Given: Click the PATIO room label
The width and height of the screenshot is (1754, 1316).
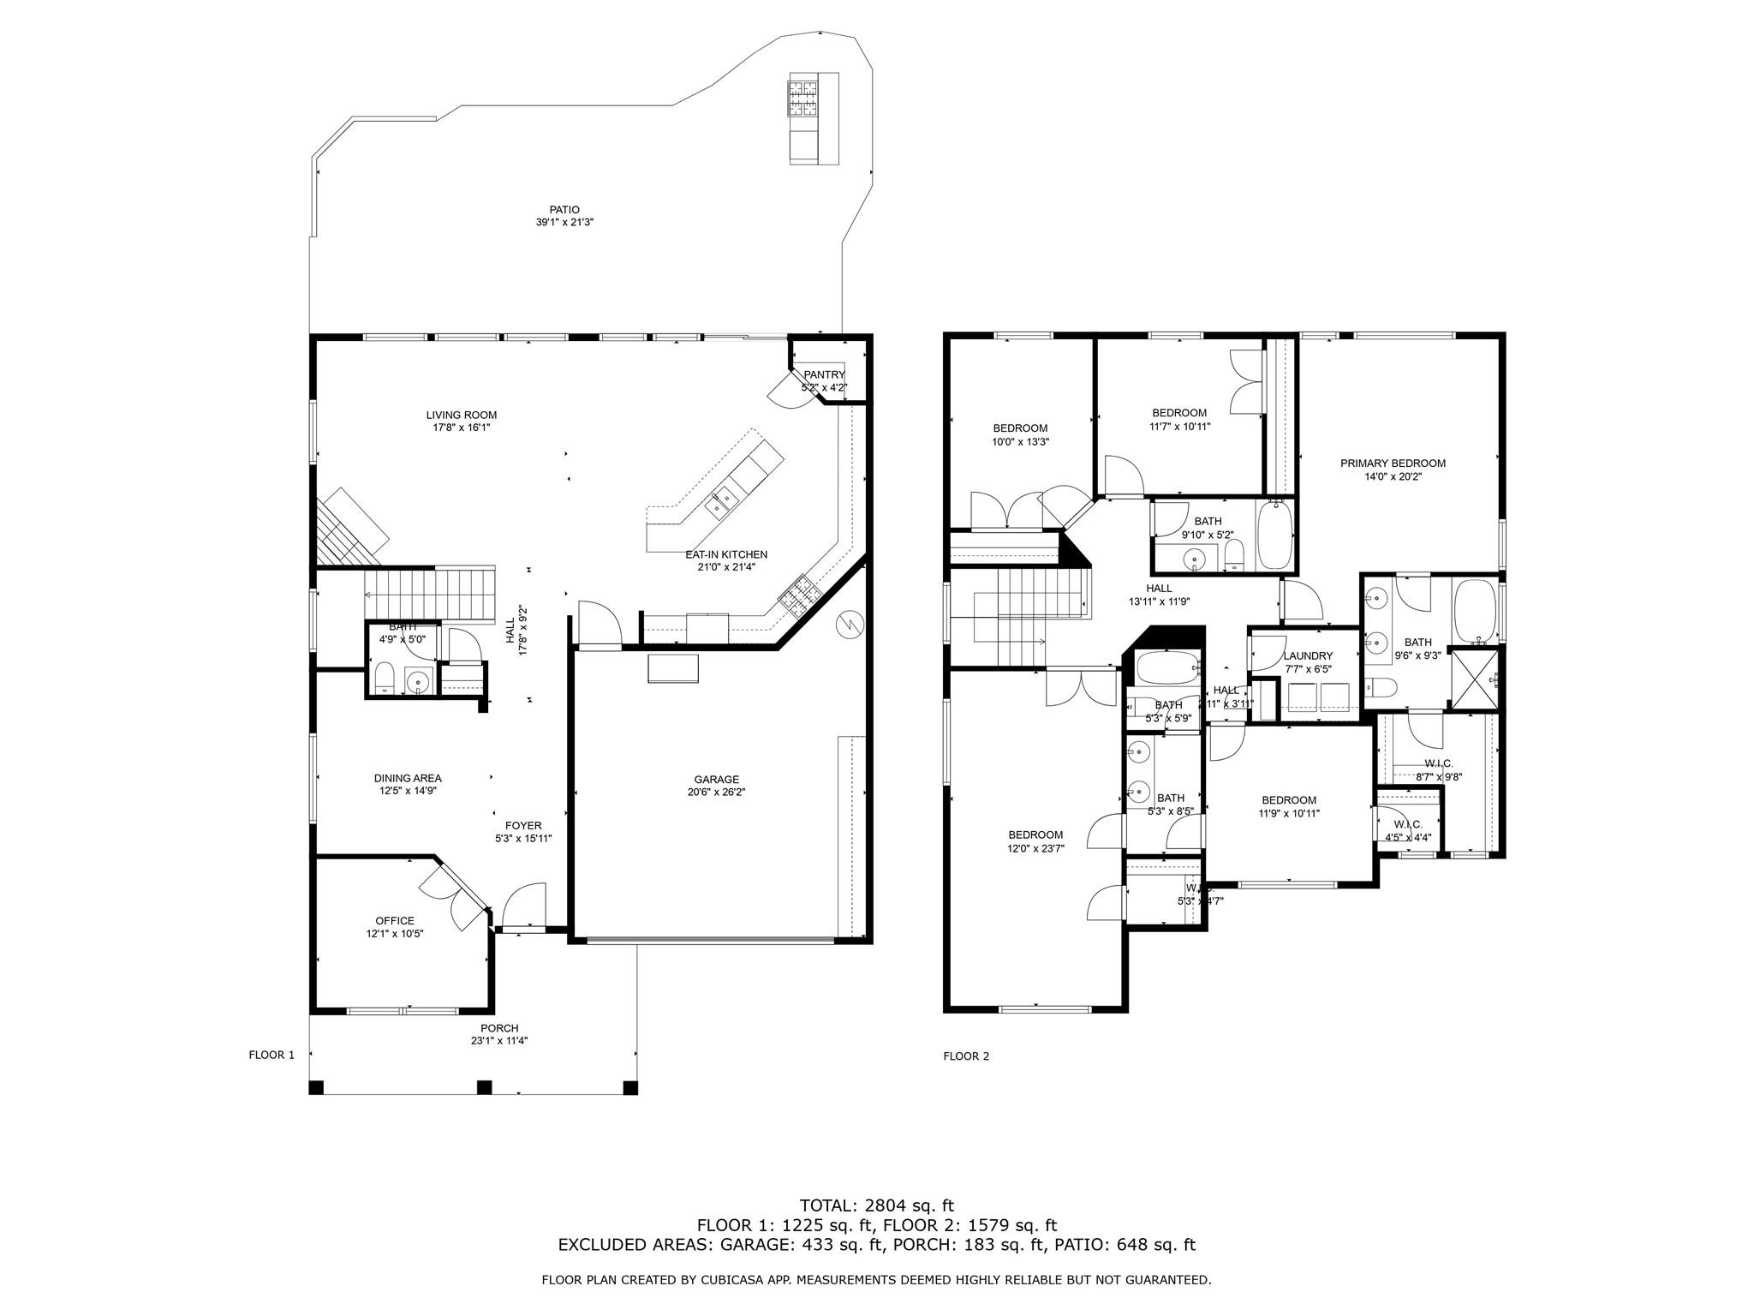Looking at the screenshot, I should (564, 210).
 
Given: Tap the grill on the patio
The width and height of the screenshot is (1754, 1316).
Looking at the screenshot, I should (803, 96).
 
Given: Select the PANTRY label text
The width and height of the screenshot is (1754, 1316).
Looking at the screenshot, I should (824, 375).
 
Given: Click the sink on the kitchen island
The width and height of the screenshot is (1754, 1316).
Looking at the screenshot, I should (719, 502).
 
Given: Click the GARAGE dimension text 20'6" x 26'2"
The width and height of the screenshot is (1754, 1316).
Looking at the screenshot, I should (716, 793).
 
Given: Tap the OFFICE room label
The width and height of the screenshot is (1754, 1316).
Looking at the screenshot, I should (394, 921).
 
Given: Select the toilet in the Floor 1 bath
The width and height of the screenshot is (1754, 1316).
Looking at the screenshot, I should (385, 679).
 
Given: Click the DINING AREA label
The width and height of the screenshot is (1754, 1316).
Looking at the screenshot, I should (408, 779).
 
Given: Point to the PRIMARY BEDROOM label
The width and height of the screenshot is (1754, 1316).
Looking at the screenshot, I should (1393, 464).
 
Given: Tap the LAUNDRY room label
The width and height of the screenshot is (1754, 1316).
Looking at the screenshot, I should (1308, 656).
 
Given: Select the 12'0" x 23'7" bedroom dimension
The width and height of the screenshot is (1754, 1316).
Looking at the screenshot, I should (1035, 848).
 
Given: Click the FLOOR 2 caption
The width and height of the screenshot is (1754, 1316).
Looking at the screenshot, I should (966, 1056).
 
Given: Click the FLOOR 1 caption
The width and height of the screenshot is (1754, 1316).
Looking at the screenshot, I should (271, 1056).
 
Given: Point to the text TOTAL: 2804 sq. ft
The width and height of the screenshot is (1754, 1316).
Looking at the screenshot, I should (876, 1206).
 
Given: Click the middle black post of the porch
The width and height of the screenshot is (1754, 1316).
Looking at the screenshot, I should (485, 1087).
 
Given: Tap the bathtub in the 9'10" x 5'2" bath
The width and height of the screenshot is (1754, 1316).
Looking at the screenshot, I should (1275, 535).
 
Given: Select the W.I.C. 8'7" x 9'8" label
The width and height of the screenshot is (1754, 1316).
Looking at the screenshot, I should (1438, 763).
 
